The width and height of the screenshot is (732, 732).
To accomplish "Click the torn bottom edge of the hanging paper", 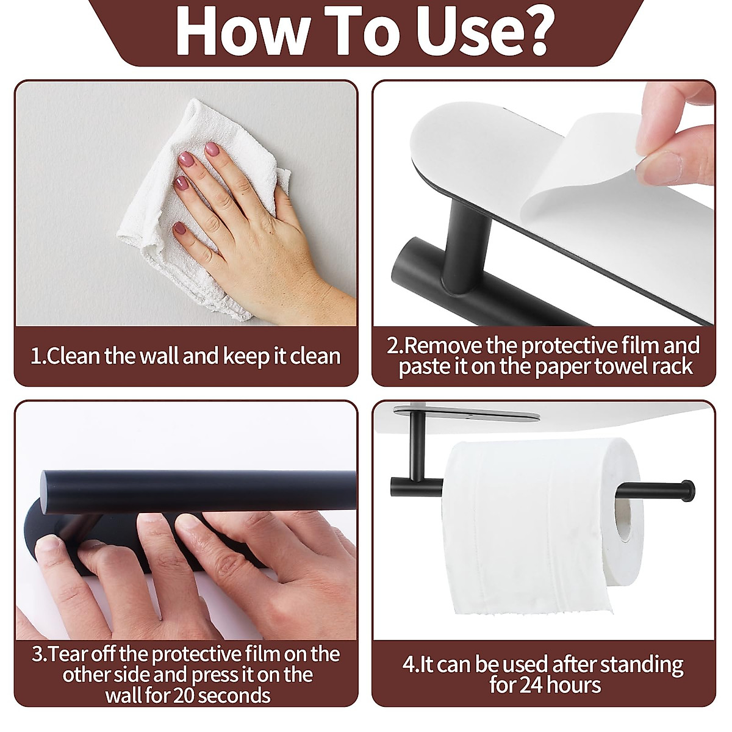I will tap(488, 610).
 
